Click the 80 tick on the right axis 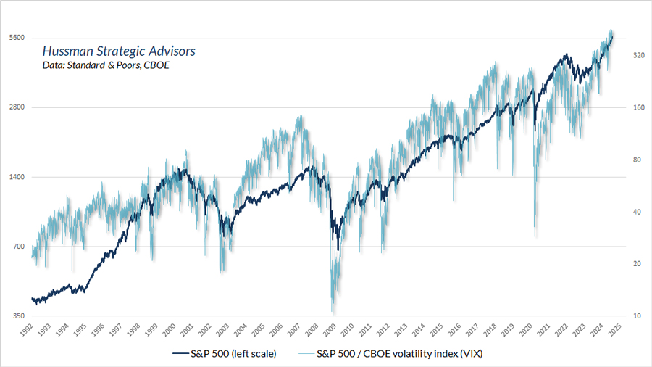click(x=636, y=160)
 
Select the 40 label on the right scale click(x=636, y=212)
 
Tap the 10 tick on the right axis click(x=636, y=316)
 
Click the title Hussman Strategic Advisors click(x=118, y=52)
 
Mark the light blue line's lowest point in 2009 click(x=333, y=314)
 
